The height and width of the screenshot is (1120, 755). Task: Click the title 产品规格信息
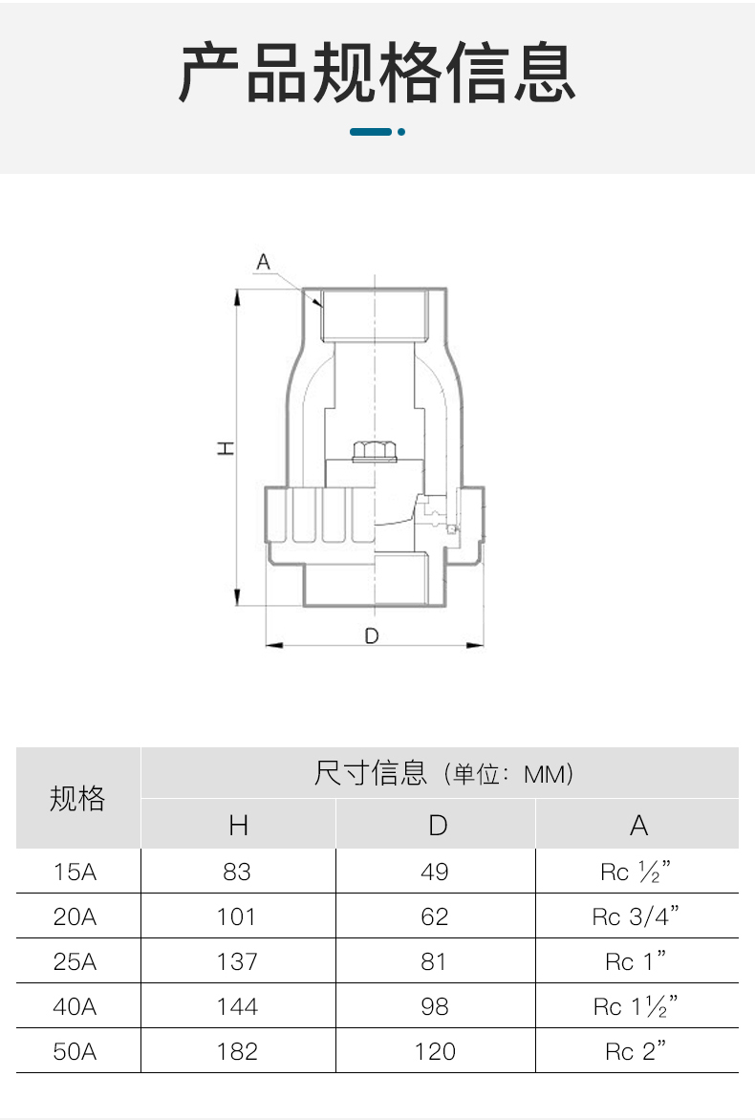coord(377,72)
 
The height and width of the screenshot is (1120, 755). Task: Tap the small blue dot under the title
coord(401,132)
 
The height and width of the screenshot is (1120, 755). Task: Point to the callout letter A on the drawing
coord(263,262)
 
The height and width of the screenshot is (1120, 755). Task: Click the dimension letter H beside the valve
coord(226,448)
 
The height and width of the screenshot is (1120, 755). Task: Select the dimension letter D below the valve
coord(372,635)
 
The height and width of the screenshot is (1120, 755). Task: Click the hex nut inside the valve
coord(375,451)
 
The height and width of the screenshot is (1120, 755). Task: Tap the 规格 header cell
coord(77,798)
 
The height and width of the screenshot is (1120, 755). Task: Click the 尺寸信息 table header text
coord(370,773)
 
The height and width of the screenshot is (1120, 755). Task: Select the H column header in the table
coord(239,826)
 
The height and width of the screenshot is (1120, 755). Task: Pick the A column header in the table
coord(638,826)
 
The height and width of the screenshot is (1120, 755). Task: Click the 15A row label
coord(75,872)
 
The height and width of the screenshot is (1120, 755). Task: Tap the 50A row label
coord(75,1051)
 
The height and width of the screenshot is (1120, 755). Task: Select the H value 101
coord(236,916)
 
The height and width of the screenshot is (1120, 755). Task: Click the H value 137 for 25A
coord(236,961)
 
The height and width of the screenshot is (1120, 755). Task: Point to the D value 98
coord(434,1006)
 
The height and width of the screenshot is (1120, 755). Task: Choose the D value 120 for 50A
coord(434,1051)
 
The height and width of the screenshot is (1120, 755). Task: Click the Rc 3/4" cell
coord(635,915)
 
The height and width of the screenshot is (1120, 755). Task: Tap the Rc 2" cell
coord(635,1050)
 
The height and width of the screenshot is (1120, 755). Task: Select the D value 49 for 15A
coord(434,872)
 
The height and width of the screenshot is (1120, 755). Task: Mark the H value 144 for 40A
coord(236,1006)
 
